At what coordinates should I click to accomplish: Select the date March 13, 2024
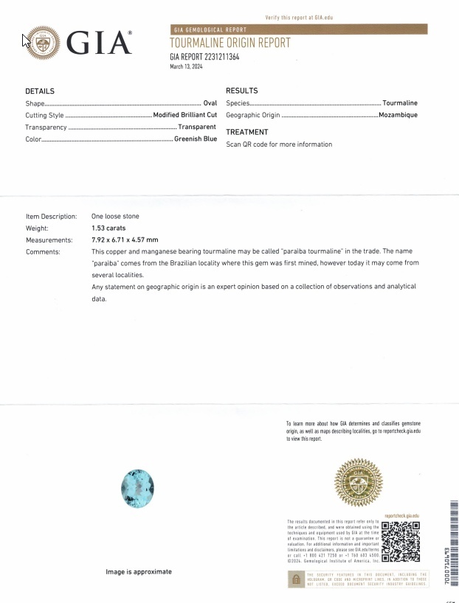(186, 66)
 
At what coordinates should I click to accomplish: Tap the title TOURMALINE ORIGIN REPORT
(229, 43)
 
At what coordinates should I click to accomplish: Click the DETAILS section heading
(40, 91)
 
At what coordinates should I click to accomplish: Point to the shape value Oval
(210, 103)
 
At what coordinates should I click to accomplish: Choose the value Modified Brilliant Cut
(184, 116)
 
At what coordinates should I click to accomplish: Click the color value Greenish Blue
(196, 139)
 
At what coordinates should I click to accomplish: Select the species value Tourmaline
(400, 103)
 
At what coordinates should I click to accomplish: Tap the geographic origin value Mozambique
(398, 115)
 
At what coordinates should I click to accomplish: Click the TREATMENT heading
(246, 132)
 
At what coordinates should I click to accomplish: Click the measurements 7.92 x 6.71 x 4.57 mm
(125, 240)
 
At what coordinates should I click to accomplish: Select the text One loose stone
(115, 217)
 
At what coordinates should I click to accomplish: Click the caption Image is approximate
(139, 571)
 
